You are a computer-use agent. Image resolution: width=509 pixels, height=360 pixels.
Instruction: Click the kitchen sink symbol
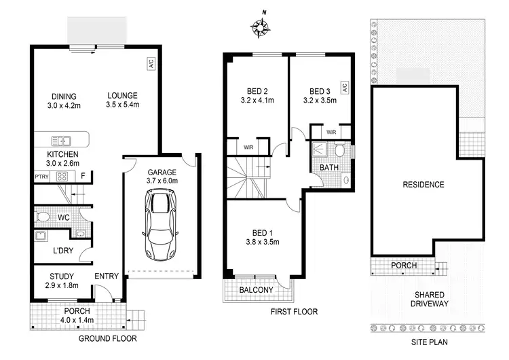(63, 141)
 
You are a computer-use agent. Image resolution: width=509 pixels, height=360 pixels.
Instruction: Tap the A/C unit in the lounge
(150, 63)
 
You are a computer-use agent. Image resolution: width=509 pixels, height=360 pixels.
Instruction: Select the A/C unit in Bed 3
(344, 88)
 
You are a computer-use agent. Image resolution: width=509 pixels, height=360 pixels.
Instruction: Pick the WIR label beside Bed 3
(331, 132)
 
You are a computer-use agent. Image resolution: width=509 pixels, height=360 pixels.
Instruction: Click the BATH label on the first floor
(329, 166)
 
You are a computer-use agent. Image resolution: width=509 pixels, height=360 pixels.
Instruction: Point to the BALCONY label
(256, 290)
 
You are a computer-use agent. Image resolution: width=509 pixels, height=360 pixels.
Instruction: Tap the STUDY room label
(62, 276)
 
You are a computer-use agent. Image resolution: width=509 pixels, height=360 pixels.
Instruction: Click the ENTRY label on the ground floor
(107, 276)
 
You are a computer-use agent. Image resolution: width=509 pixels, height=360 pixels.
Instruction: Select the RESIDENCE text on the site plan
(423, 185)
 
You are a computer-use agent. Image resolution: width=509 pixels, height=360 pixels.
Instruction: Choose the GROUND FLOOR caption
(108, 338)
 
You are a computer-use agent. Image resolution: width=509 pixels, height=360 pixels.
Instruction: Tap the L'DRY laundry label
(64, 251)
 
